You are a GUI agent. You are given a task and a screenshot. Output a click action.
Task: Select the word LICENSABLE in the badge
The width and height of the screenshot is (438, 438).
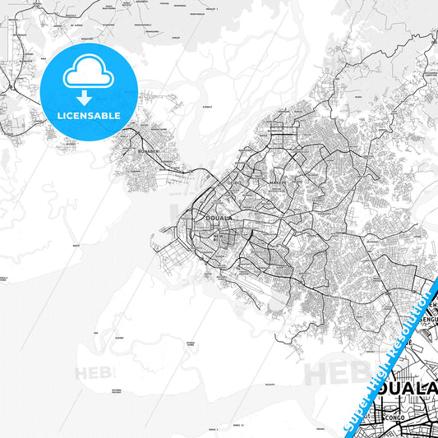point(88,116)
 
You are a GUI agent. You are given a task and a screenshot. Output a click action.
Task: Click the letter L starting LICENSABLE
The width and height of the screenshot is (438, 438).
point(59,116)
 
